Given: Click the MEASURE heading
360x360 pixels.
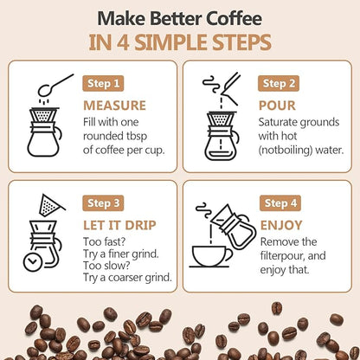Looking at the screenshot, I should [115, 106].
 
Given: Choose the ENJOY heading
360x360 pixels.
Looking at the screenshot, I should [282, 225].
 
